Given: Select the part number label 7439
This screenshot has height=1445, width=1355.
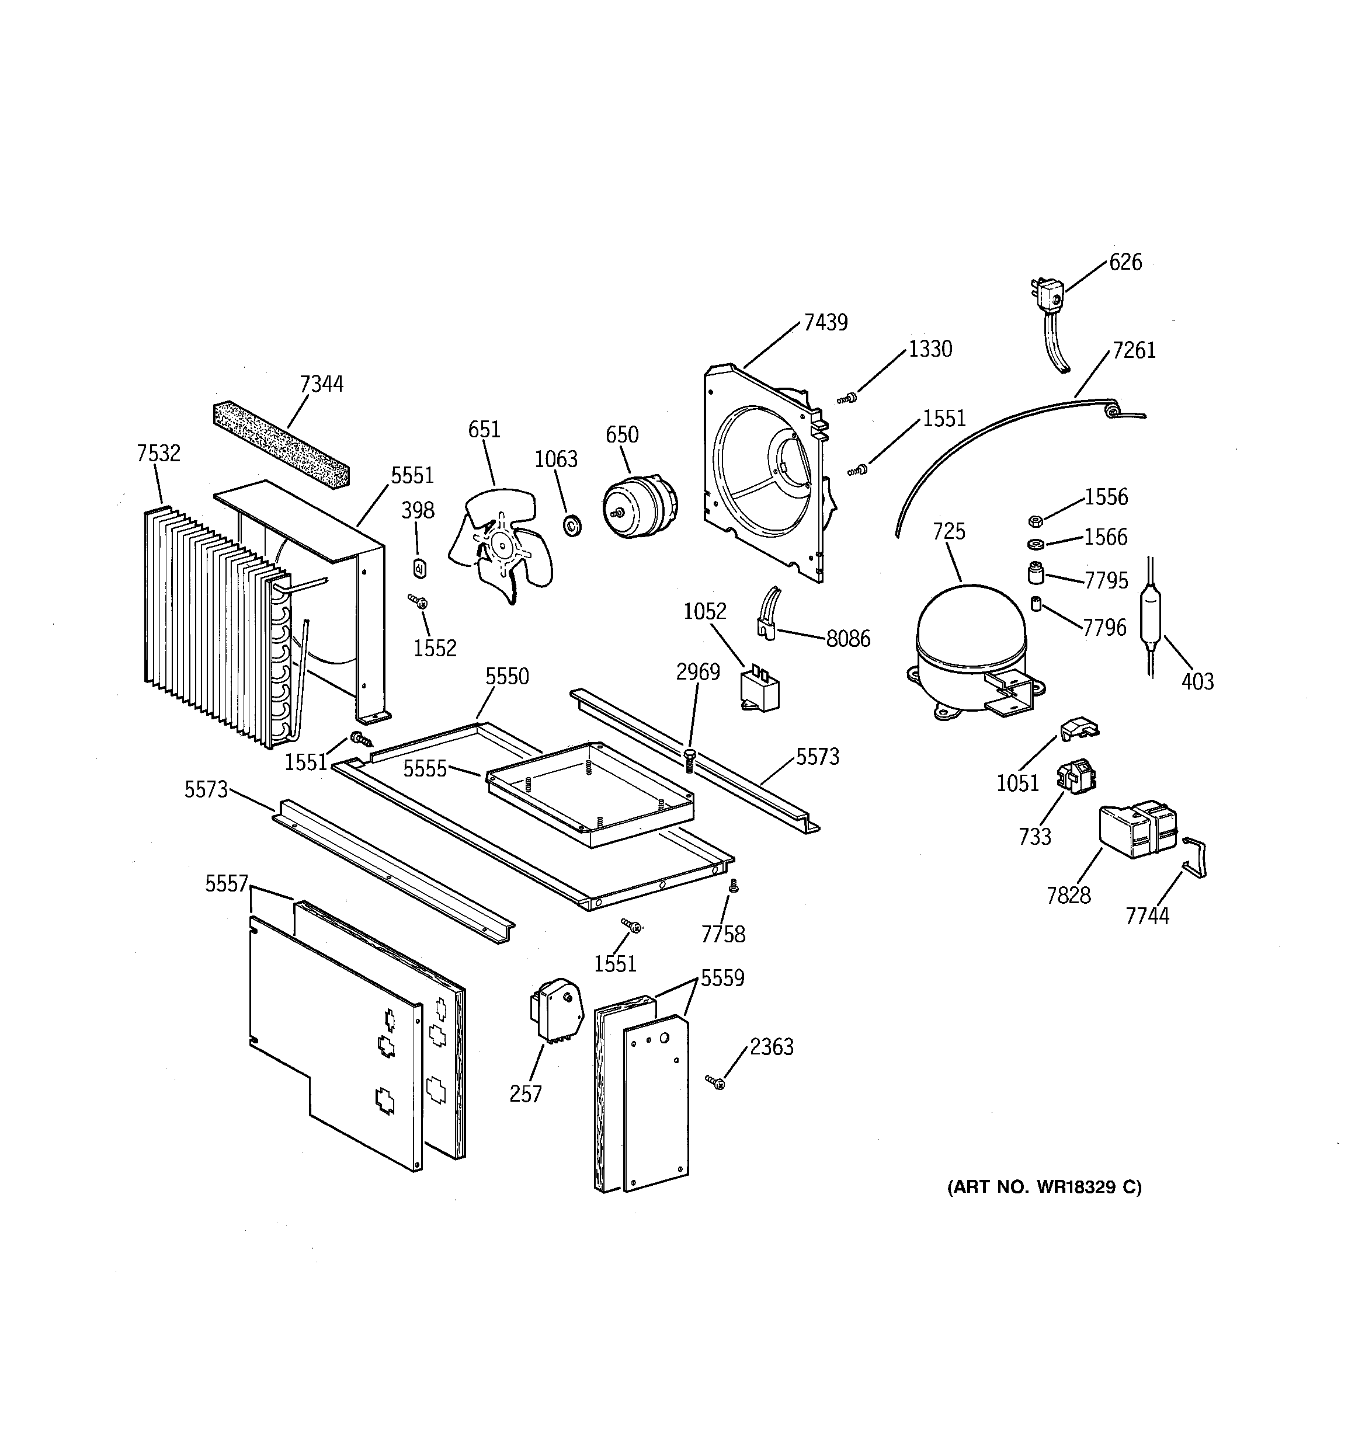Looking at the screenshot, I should (x=825, y=322).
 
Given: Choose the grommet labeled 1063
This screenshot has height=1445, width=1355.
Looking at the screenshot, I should (x=572, y=524).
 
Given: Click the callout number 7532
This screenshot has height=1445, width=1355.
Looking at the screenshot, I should (x=158, y=454).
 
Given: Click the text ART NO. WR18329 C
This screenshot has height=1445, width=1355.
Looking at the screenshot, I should (x=1044, y=1187).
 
